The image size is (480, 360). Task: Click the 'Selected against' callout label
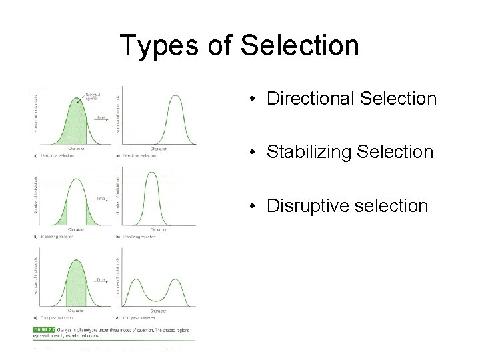click(92, 97)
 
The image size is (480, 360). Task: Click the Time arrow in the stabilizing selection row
click(101, 199)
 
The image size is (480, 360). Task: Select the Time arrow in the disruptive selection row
click(101, 281)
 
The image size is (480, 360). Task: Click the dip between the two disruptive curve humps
click(159, 298)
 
